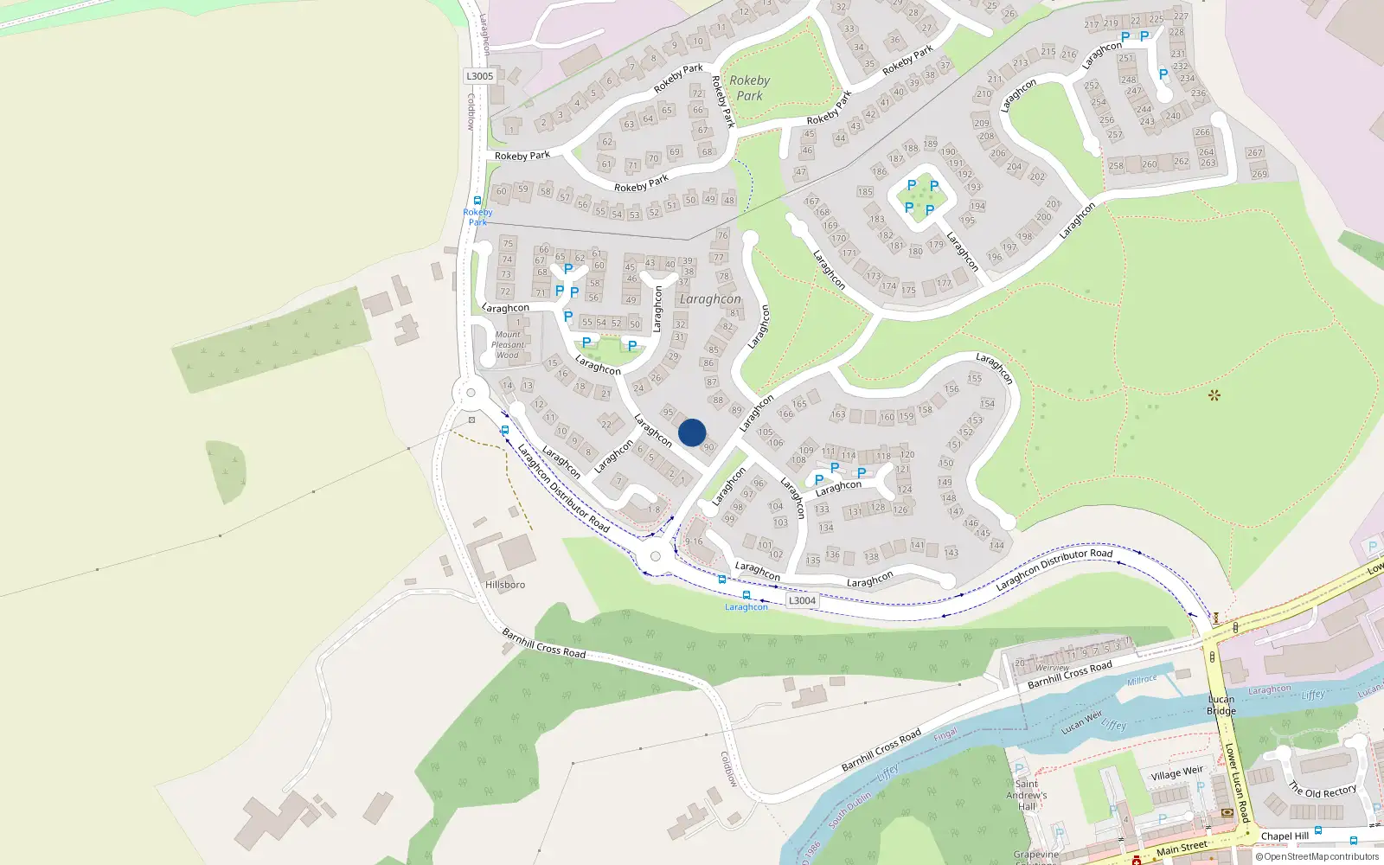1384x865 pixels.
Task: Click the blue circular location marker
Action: pos(692,432)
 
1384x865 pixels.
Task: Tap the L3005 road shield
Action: pos(480,76)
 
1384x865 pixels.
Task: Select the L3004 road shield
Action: pos(802,600)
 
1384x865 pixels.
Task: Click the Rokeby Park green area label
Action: pos(749,87)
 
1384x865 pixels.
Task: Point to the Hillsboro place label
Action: pos(505,585)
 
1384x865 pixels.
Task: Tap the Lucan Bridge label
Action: pos(1221,705)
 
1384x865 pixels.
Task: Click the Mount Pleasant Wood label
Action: pos(509,344)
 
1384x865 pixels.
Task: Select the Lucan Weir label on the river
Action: pos(1082,722)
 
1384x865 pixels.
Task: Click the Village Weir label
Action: pos(1176,772)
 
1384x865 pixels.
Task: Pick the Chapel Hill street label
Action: pos(1285,836)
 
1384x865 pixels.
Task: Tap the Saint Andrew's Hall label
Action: pos(1027,795)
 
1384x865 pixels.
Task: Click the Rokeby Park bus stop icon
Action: pos(477,201)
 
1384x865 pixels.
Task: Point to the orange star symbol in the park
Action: pos(1214,395)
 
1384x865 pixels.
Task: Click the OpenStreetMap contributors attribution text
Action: pos(1317,857)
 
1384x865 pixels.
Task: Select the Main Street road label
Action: pos(1182,849)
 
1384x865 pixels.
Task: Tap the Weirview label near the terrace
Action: pos(1052,668)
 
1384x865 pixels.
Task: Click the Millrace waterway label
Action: pos(1142,681)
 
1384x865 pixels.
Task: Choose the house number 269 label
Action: pos(1259,174)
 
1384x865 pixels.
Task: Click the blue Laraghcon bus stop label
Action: pos(746,607)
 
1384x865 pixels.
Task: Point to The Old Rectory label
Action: pos(1323,791)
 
